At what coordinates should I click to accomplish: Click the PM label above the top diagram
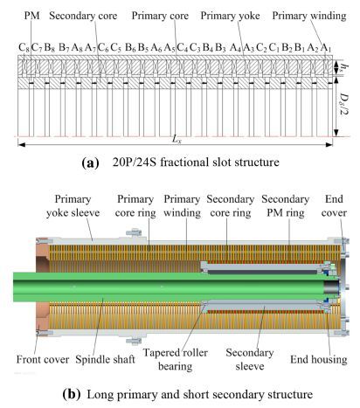pos(31,16)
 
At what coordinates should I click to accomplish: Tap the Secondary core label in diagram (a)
pos(83,16)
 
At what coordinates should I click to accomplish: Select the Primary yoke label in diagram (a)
pos(230,16)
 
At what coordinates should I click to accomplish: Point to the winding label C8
pos(24,47)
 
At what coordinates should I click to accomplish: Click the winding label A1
pos(326,47)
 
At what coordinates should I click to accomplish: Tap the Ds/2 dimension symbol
pos(345,104)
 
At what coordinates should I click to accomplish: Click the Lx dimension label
pos(177,139)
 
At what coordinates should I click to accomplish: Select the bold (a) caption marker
pos(91,163)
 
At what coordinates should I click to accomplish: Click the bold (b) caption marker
pos(72,394)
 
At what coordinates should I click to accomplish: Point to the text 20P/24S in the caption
pos(135,162)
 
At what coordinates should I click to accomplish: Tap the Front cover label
pos(43,359)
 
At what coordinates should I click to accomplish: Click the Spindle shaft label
pos(105,359)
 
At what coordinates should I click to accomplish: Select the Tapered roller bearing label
pos(175,359)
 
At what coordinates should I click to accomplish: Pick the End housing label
pos(319,359)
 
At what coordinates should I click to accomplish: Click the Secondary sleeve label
pos(250,359)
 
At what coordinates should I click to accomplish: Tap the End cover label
pos(334,206)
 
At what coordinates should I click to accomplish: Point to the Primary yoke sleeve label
pos(73,206)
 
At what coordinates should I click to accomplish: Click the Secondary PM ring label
pos(286,206)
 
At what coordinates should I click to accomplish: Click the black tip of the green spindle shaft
pos(332,287)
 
